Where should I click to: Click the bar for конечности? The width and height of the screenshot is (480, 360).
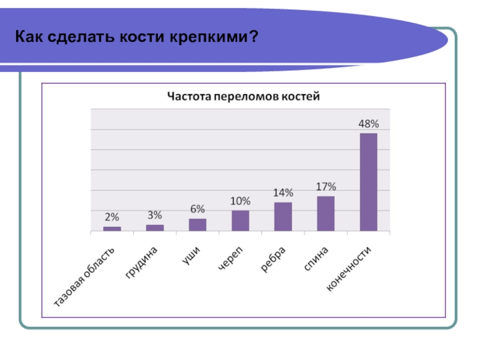pos(368,182)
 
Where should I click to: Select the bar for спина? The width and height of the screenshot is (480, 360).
pos(326,214)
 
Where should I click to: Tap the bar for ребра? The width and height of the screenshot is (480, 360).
pos(283,217)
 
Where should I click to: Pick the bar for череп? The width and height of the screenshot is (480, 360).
pos(240,221)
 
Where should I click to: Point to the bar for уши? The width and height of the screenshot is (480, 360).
pos(197,224)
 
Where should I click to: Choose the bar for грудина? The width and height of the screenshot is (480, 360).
pos(155,228)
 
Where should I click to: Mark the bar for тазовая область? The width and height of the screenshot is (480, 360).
pos(112,229)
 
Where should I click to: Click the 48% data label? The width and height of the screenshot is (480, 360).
pos(368,124)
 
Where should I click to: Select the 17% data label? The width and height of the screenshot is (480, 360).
pos(326,187)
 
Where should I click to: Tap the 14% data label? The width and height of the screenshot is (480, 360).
pos(283,193)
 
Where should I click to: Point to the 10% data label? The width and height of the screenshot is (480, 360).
pos(240,201)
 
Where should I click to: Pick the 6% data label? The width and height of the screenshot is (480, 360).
pos(197,209)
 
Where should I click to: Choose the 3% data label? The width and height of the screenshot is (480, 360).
pos(155,215)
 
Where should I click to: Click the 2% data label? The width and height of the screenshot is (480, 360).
pos(112,217)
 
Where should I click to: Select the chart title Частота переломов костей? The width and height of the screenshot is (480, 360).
pos(244,96)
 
